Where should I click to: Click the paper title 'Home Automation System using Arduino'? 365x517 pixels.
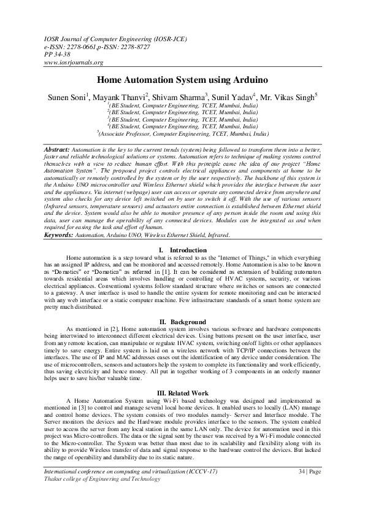[182, 80]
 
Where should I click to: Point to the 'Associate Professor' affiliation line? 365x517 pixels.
[182, 133]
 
